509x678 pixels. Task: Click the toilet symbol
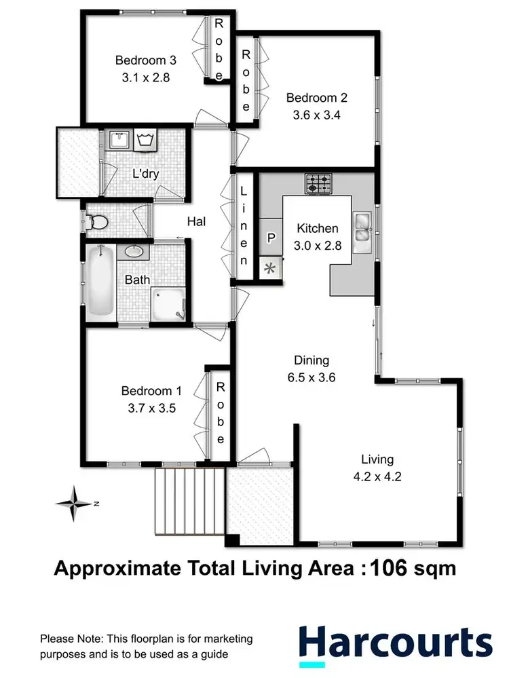pos(97,221)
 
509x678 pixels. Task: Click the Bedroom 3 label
pos(143,59)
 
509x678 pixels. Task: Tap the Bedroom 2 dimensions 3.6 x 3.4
pos(313,115)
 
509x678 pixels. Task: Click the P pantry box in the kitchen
pos(271,238)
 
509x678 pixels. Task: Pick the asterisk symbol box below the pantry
pos(269,268)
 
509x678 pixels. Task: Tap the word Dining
pos(312,360)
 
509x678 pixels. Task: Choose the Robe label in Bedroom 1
pos(221,413)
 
